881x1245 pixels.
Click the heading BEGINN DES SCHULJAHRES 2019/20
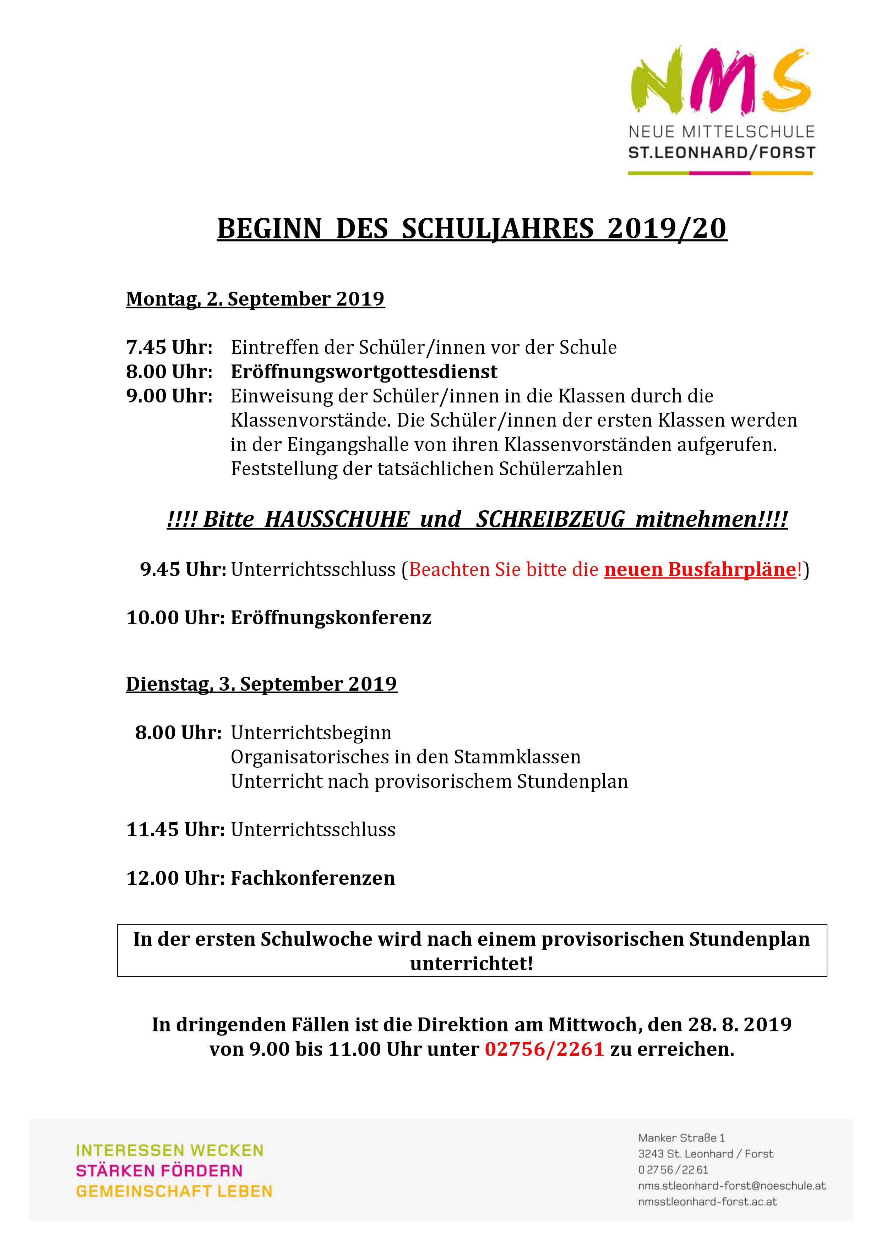point(472,229)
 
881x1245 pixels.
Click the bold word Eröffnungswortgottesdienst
point(364,372)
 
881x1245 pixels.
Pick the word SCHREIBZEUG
point(550,520)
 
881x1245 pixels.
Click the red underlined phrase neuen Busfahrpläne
point(699,569)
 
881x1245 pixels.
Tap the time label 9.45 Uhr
point(183,569)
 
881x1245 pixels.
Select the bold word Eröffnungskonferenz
point(331,618)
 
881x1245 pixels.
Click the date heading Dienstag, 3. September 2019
point(261,684)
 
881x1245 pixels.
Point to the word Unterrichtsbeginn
point(311,733)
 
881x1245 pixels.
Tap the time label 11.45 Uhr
point(175,830)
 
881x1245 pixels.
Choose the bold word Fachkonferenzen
point(313,878)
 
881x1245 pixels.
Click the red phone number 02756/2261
point(544,1049)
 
